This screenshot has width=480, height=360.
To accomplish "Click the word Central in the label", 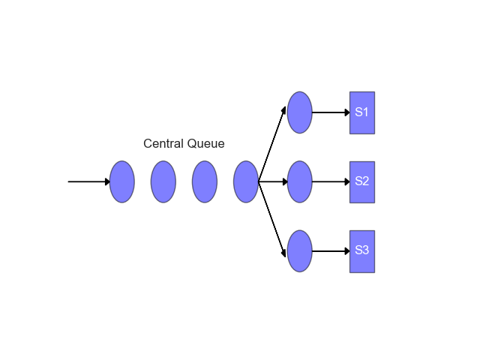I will coord(163,144).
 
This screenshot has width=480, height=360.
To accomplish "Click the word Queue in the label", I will coord(205,144).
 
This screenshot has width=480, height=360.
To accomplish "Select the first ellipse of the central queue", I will coord(122,181).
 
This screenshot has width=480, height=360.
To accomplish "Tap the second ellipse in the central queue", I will coord(163,181).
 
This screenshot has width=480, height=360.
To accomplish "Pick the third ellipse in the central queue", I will coord(205,181).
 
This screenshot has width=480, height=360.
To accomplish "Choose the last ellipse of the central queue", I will coord(246,181).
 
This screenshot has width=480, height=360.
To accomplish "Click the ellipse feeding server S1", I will coord(299,112).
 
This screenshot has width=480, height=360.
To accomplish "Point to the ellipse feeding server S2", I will coord(299,181).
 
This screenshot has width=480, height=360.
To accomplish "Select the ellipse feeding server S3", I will coord(299,251).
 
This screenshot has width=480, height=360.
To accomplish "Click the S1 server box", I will coord(362,112).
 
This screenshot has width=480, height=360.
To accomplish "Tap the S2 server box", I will coord(362,181).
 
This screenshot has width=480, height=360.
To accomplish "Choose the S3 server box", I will coord(362,251).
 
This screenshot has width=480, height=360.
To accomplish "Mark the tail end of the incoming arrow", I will coord(69,181).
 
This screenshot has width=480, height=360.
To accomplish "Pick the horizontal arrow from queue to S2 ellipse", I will coord(273,181).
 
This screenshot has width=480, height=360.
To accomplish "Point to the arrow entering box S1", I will coord(331,112).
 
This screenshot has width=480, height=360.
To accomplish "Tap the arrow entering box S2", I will coord(331,181).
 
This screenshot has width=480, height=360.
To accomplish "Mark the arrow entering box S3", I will coord(331,251).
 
